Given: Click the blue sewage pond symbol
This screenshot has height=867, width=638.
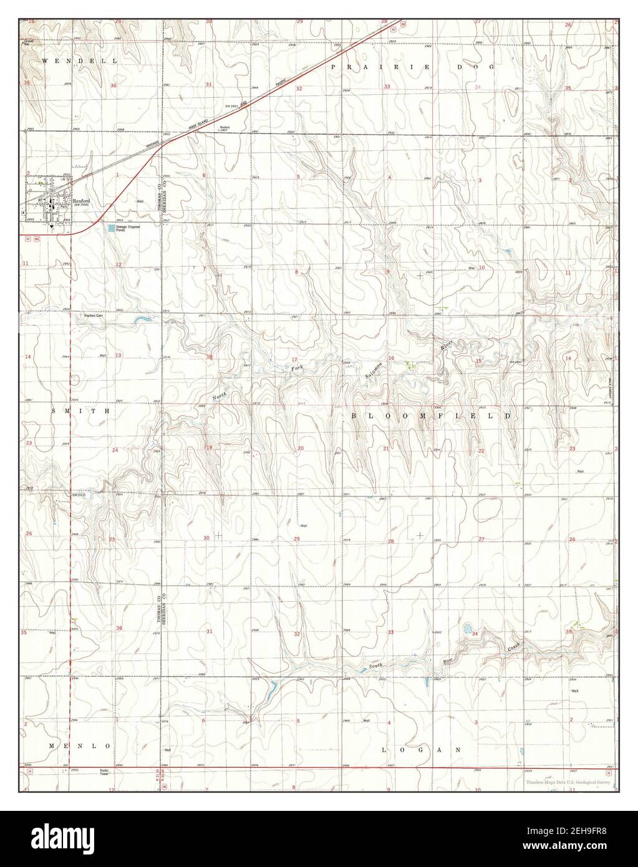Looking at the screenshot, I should (x=112, y=228).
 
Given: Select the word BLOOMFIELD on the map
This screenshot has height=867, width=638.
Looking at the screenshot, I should (x=430, y=415).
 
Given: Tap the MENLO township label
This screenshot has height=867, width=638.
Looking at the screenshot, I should (x=80, y=746).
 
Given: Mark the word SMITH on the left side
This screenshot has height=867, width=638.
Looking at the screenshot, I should (x=80, y=412).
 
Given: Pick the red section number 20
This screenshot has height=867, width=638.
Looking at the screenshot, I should (x=301, y=448).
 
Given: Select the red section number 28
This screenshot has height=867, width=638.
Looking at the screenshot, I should (x=391, y=541).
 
